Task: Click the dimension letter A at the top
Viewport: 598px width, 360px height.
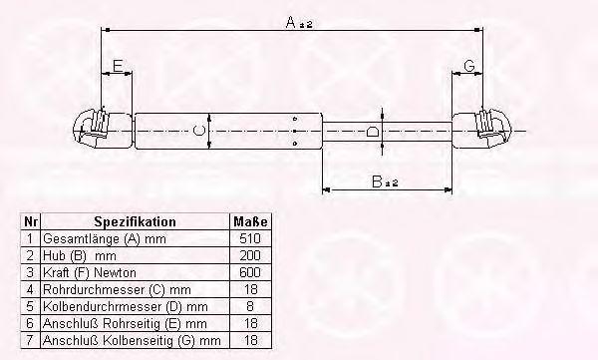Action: [x=291, y=23]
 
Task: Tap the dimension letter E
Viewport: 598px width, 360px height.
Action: [x=118, y=66]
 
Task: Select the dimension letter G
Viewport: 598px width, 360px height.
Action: [x=469, y=66]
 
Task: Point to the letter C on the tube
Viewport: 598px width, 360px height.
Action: [x=198, y=131]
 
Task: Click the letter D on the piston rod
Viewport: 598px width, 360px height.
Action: [x=372, y=132]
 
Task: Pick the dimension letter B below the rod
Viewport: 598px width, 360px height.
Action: [x=377, y=181]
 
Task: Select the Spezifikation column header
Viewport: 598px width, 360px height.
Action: [x=135, y=221]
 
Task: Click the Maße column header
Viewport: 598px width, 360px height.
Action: [x=250, y=221]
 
